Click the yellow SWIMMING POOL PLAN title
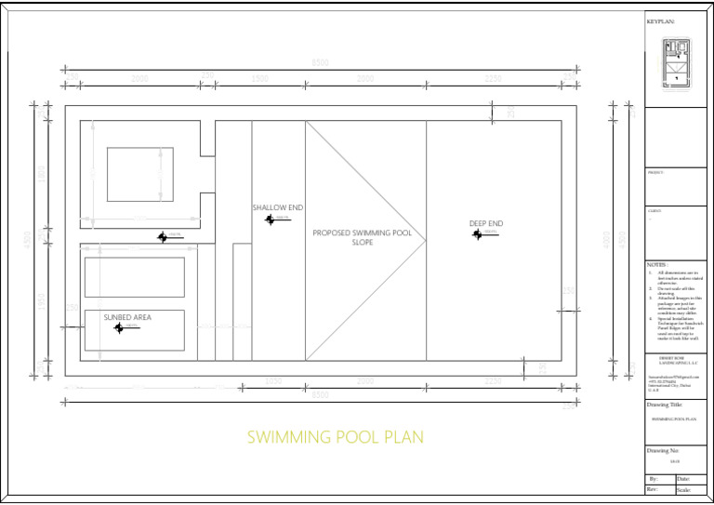tap(335, 437)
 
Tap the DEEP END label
tap(485, 224)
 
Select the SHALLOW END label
tap(278, 207)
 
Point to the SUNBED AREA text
tap(127, 317)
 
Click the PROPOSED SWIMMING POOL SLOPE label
tap(362, 237)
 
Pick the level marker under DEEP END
tap(478, 235)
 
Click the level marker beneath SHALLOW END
tap(271, 219)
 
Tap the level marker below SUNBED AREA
tap(119, 327)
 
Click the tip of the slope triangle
tap(425, 241)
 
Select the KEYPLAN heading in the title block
tap(660, 20)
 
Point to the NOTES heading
tap(658, 264)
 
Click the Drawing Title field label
tap(665, 405)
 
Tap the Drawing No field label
tap(664, 450)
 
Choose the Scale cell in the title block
tap(683, 489)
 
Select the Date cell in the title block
tap(683, 478)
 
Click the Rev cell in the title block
tap(653, 489)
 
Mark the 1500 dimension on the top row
tap(260, 79)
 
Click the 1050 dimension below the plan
tap(273, 380)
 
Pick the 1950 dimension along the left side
tap(41, 302)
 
